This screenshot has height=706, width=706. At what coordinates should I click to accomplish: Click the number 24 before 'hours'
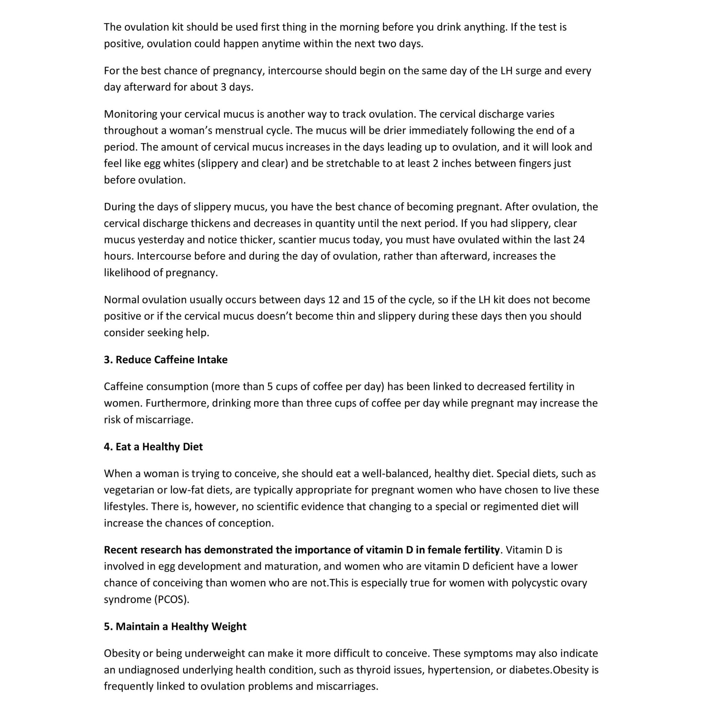(579, 240)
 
